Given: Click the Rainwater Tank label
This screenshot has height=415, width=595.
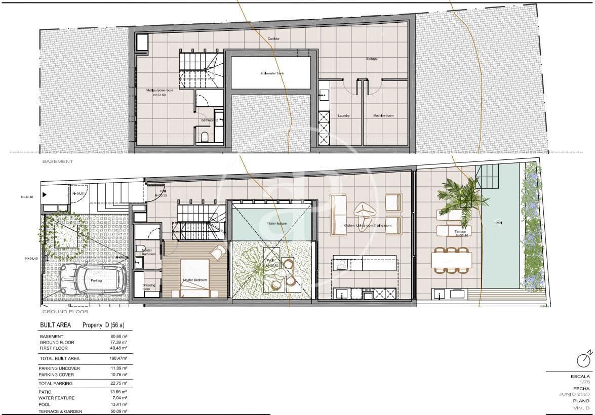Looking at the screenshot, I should pyautogui.click(x=272, y=73).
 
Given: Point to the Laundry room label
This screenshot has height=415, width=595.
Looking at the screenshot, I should pyautogui.click(x=344, y=115).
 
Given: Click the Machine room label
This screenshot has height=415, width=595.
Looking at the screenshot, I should pyautogui.click(x=383, y=115).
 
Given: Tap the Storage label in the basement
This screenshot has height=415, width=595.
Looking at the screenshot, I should pyautogui.click(x=372, y=59).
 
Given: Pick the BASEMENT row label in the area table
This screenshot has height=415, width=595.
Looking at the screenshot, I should pyautogui.click(x=51, y=336).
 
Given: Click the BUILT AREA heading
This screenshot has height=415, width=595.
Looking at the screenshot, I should pyautogui.click(x=55, y=325).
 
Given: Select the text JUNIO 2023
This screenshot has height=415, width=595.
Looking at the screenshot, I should pyautogui.click(x=575, y=394).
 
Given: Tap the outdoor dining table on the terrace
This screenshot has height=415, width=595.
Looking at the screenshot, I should pyautogui.click(x=451, y=260).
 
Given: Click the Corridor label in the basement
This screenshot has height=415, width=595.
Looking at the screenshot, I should pyautogui.click(x=273, y=39).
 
